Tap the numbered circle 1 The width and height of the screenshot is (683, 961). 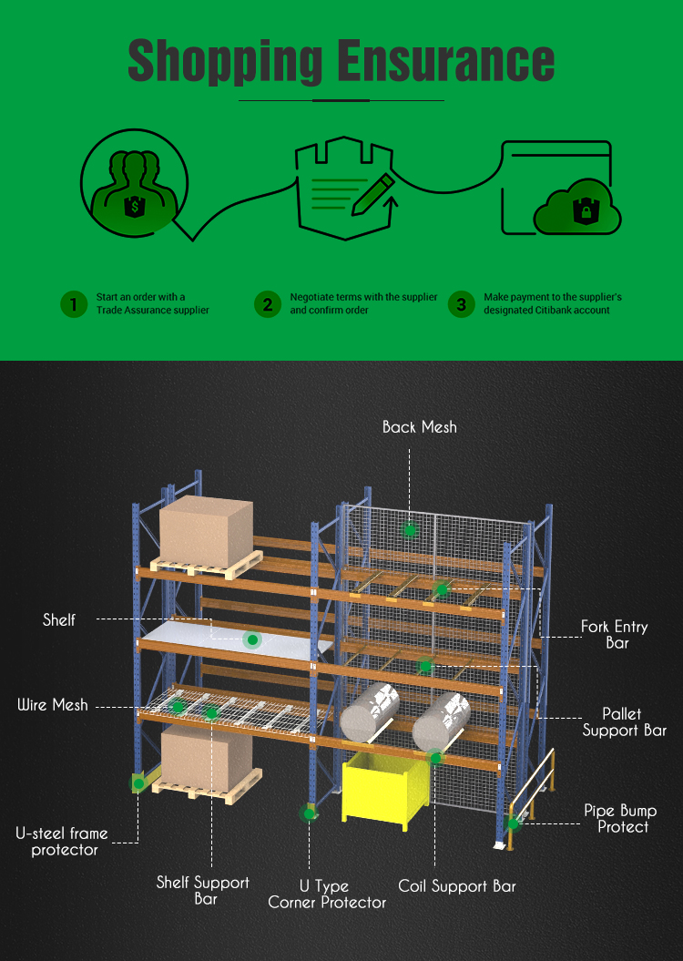(74, 304)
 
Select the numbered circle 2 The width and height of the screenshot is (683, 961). (267, 304)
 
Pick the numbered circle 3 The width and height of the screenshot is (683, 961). (461, 304)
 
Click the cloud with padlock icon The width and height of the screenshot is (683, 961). (577, 211)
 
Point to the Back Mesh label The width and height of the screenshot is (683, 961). (419, 426)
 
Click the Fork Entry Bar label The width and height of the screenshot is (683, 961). (615, 634)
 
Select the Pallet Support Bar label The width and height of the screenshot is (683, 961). (624, 721)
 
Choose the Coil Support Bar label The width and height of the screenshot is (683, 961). (457, 885)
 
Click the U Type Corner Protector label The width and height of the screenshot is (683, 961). (327, 894)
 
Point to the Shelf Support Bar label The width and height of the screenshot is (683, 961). (203, 890)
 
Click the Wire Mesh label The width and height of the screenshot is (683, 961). (53, 704)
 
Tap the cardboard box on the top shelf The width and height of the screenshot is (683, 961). (207, 529)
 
